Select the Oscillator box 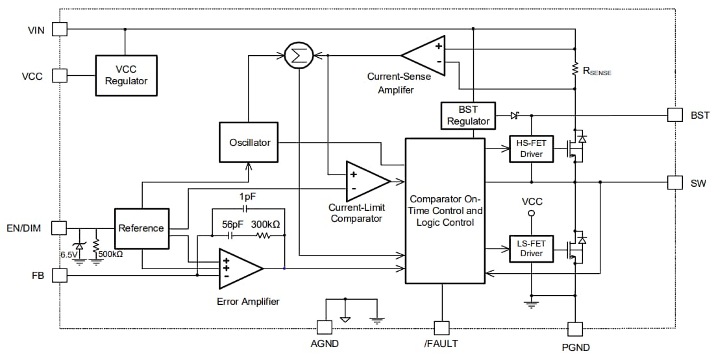pos(249,143)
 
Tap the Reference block pos(142,228)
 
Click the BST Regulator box pos(468,115)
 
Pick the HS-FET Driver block pos(531,149)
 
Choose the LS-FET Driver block pos(531,248)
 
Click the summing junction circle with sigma pos(299,55)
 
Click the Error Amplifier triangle pos(238,267)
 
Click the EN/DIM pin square pos(60,228)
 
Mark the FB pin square pos(60,275)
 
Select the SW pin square pos(675,183)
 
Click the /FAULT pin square pos(442,328)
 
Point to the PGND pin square pos(575,329)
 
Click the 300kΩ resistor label pos(265,224)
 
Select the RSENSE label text pos(597,72)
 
